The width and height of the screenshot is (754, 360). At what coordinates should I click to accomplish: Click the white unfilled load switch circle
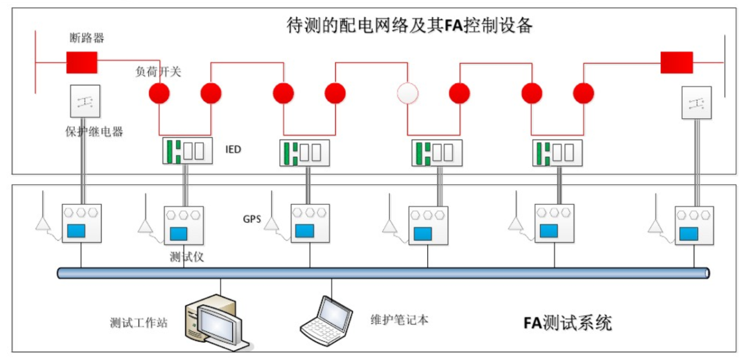pos(408,93)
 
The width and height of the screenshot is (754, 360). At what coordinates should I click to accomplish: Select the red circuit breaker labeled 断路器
pos(81,62)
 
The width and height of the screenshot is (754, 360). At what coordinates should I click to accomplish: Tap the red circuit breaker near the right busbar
pos(676,62)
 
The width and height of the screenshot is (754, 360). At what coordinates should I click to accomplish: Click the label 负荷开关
pos(158,72)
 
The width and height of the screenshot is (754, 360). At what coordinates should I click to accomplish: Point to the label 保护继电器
pos(94,131)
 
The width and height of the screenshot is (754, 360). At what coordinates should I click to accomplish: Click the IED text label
pos(234,149)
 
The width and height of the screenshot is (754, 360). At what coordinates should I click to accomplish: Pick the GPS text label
pos(252,219)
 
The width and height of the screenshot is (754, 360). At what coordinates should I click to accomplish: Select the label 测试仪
pos(187,256)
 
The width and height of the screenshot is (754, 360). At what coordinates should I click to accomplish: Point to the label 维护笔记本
pos(399,320)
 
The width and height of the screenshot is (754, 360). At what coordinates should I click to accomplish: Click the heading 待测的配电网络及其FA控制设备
pos(409,26)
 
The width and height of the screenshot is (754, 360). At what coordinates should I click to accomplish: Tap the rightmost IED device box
pos(557,153)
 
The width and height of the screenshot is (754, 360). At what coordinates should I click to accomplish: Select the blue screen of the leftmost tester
pos(77,230)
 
